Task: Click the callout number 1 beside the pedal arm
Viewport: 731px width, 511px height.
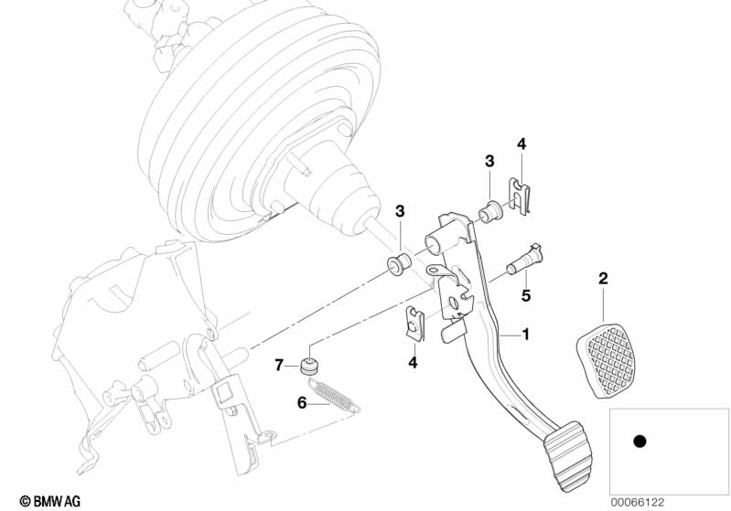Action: [x=525, y=334]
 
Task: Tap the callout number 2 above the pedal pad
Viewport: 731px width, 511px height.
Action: [x=603, y=279]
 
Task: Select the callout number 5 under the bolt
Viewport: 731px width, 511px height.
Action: [x=526, y=295]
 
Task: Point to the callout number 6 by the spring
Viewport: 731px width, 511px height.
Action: [x=302, y=402]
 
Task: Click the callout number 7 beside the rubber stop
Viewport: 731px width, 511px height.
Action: [x=279, y=365]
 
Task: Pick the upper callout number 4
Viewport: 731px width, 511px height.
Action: [x=521, y=144]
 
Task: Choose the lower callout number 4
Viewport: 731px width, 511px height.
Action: [x=413, y=362]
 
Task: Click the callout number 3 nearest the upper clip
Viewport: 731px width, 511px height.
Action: [x=489, y=161]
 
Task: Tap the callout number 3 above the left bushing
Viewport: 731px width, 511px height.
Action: [x=400, y=211]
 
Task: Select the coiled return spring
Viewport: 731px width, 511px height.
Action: [x=335, y=395]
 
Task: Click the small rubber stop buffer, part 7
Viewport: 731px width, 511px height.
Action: [x=308, y=367]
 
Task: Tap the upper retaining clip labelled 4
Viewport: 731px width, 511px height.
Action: [x=519, y=197]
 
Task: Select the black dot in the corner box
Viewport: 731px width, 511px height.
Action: [x=640, y=441]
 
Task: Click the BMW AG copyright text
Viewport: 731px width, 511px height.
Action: [x=50, y=501]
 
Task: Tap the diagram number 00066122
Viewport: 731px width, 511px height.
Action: [x=638, y=502]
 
